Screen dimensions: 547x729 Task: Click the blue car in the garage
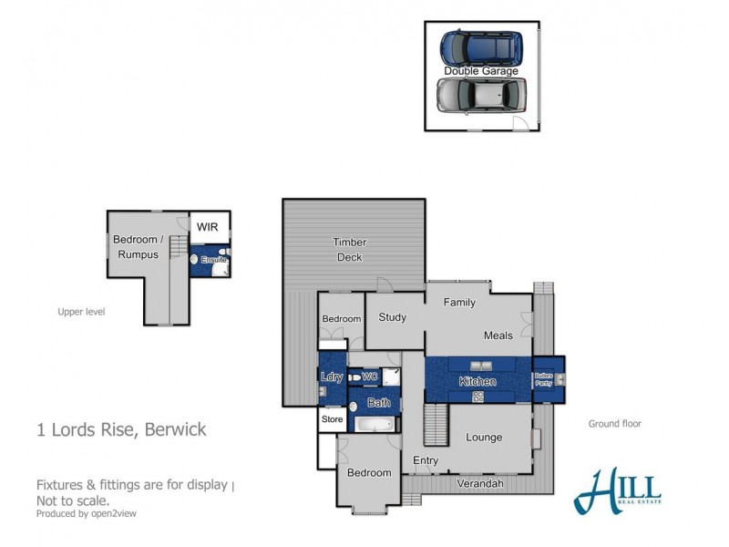tap(481, 48)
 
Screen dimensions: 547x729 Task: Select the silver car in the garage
tap(481, 94)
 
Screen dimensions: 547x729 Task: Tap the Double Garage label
tap(481, 71)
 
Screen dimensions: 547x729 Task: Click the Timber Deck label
tap(349, 250)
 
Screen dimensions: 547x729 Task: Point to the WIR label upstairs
tap(209, 226)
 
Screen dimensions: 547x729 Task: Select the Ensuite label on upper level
tap(213, 260)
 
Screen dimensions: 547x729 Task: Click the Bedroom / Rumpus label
tap(136, 247)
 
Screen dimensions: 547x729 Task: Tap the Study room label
tap(392, 317)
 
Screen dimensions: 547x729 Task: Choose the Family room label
tap(459, 303)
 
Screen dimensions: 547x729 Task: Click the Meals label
tap(498, 335)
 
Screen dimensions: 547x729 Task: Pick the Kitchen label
tap(477, 381)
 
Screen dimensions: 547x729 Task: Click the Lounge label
tap(484, 437)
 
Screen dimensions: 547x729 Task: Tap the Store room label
tap(331, 420)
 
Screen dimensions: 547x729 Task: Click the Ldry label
tap(330, 377)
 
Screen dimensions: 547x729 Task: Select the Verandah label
tap(479, 483)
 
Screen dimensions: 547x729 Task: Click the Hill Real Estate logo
tap(617, 491)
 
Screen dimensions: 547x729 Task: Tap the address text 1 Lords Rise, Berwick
tap(121, 429)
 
